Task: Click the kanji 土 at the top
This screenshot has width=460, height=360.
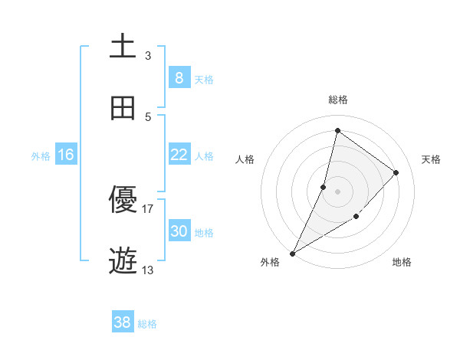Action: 123,46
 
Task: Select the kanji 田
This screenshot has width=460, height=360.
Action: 123,108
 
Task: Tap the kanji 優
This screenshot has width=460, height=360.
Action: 123,201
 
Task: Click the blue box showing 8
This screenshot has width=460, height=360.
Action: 179,78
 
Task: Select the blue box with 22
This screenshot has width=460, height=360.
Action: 179,155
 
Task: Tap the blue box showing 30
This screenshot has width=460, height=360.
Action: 179,231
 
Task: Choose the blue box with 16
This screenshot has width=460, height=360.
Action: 66,155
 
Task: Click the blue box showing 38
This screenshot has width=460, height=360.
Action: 123,322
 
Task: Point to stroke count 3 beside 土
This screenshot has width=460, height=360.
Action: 148,55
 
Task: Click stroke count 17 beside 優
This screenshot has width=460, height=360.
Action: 148,208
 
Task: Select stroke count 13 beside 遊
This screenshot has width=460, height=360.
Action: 148,270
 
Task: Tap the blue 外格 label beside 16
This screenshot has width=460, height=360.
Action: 41,155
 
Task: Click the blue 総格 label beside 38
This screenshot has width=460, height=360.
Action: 147,324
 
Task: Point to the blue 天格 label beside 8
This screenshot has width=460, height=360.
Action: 204,79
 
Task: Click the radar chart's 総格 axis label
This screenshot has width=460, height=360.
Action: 338,100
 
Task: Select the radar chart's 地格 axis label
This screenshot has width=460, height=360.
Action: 402,262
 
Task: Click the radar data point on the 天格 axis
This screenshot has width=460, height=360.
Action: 396,172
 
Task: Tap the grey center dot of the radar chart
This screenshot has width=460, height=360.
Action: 337,191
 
